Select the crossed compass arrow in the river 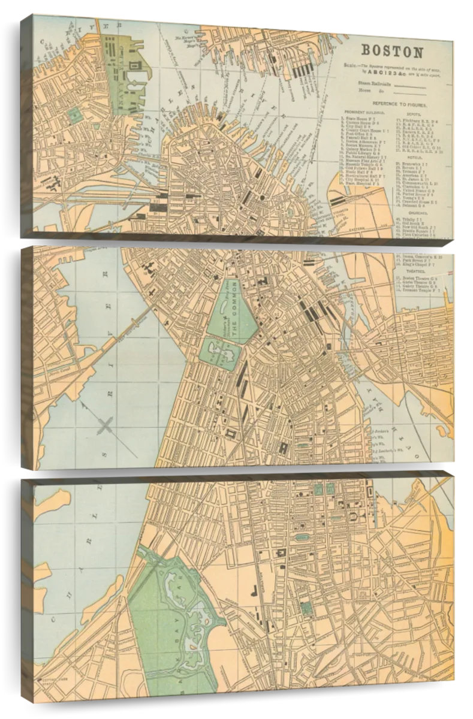pyautogui.click(x=106, y=427)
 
